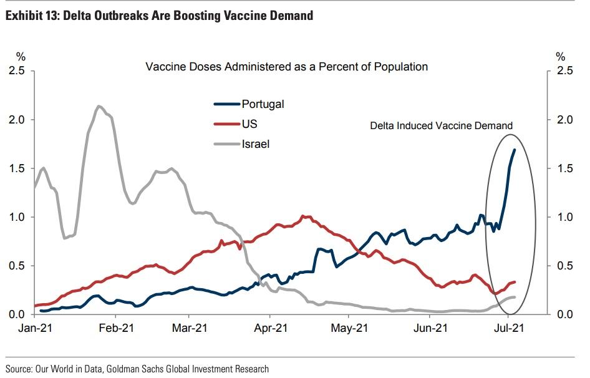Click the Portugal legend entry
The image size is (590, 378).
tap(262, 104)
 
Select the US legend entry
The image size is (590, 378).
tap(249, 124)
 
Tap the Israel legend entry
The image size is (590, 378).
tap(255, 143)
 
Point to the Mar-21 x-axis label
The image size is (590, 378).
tap(190, 327)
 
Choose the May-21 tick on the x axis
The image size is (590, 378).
tap(349, 327)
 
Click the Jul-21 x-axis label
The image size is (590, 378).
tap(508, 327)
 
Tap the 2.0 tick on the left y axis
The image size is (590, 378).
tap(17, 120)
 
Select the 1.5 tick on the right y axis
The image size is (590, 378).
tap(565, 168)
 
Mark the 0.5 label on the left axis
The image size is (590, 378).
tap(17, 266)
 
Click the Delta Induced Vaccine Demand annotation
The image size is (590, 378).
tap(441, 125)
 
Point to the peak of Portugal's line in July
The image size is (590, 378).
tap(515, 150)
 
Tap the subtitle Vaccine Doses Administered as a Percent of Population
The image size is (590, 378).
tap(286, 66)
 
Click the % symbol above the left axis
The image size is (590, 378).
tap(21, 57)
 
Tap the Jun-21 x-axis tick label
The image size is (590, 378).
tap(430, 327)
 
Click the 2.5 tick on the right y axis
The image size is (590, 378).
tap(565, 71)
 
